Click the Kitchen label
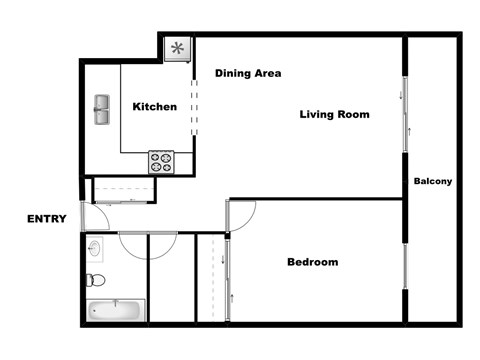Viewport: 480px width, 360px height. click(155, 107)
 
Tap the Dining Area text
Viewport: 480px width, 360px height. click(248, 73)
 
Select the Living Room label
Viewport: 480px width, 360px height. click(335, 115)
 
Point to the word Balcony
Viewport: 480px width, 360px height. click(433, 181)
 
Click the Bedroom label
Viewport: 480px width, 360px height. click(313, 263)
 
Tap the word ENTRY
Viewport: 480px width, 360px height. click(47, 220)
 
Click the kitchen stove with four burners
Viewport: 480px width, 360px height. click(162, 162)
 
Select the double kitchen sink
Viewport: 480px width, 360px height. click(104, 110)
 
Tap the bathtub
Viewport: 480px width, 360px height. click(115, 310)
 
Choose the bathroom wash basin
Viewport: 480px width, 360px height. click(94, 246)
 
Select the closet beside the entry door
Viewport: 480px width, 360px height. click(123, 190)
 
